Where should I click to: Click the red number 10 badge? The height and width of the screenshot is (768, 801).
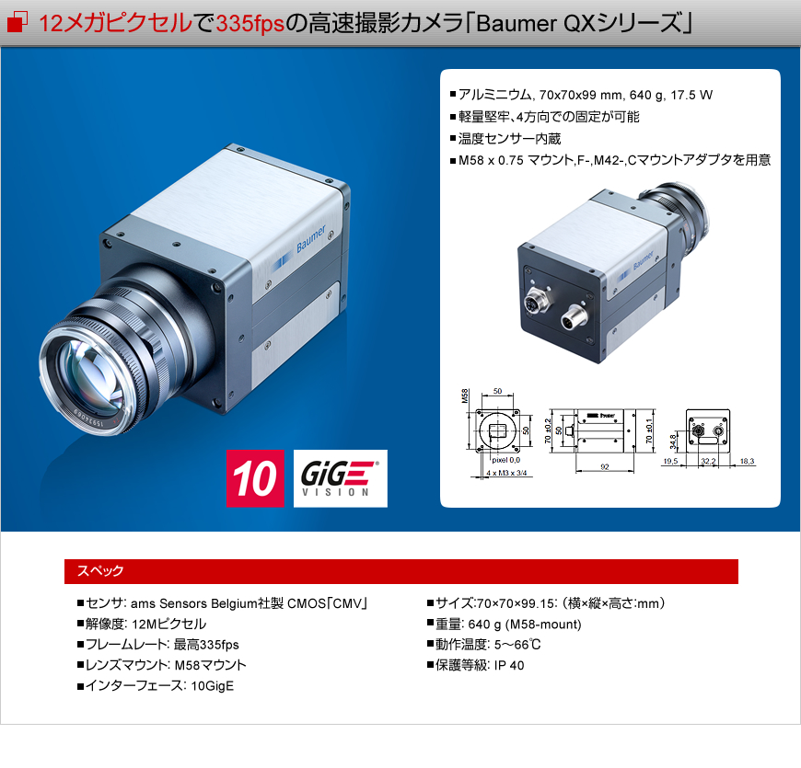(x=255, y=478)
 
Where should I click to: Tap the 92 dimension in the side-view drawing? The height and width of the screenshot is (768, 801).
(x=605, y=467)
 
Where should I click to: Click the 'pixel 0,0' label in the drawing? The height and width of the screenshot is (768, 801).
(x=505, y=459)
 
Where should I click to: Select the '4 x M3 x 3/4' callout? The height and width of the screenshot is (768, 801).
(x=507, y=473)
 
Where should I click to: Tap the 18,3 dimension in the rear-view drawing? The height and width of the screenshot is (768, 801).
(x=747, y=461)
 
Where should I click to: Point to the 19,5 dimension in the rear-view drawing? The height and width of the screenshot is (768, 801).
(x=670, y=461)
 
